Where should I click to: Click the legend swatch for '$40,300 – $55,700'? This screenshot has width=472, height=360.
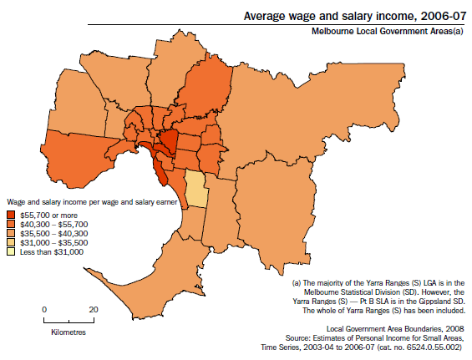pos(11,225)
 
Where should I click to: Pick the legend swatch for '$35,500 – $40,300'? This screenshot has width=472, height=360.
pos(11,233)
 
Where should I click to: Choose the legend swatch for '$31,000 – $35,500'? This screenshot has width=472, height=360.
pos(11,242)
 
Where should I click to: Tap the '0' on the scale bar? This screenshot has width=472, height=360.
pos(44,309)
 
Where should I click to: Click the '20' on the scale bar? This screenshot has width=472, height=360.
pos(94,309)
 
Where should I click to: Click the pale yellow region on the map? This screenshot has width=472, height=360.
pos(195,189)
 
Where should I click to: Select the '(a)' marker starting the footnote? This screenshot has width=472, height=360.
pos(297,283)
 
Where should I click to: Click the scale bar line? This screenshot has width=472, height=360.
pos(69,319)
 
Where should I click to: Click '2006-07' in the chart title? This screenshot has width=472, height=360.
pos(443,15)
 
